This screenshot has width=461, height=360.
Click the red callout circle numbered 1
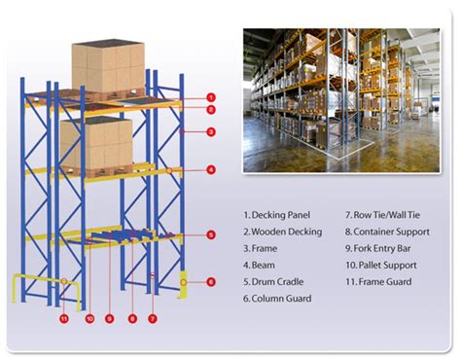(211, 97)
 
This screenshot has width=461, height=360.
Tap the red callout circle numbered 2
(211, 110)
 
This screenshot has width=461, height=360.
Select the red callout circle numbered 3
(211, 131)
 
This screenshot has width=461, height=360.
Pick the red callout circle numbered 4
(211, 170)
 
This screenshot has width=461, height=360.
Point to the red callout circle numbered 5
(211, 234)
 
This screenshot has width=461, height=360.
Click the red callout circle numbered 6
(211, 282)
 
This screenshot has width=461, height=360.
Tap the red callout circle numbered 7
(153, 317)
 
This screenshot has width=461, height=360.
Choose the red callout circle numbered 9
(109, 317)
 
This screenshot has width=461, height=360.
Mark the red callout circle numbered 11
(64, 317)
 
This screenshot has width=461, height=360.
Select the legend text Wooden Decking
(283, 232)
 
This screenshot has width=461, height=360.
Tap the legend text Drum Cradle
(277, 281)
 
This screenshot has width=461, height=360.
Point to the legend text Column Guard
(280, 298)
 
